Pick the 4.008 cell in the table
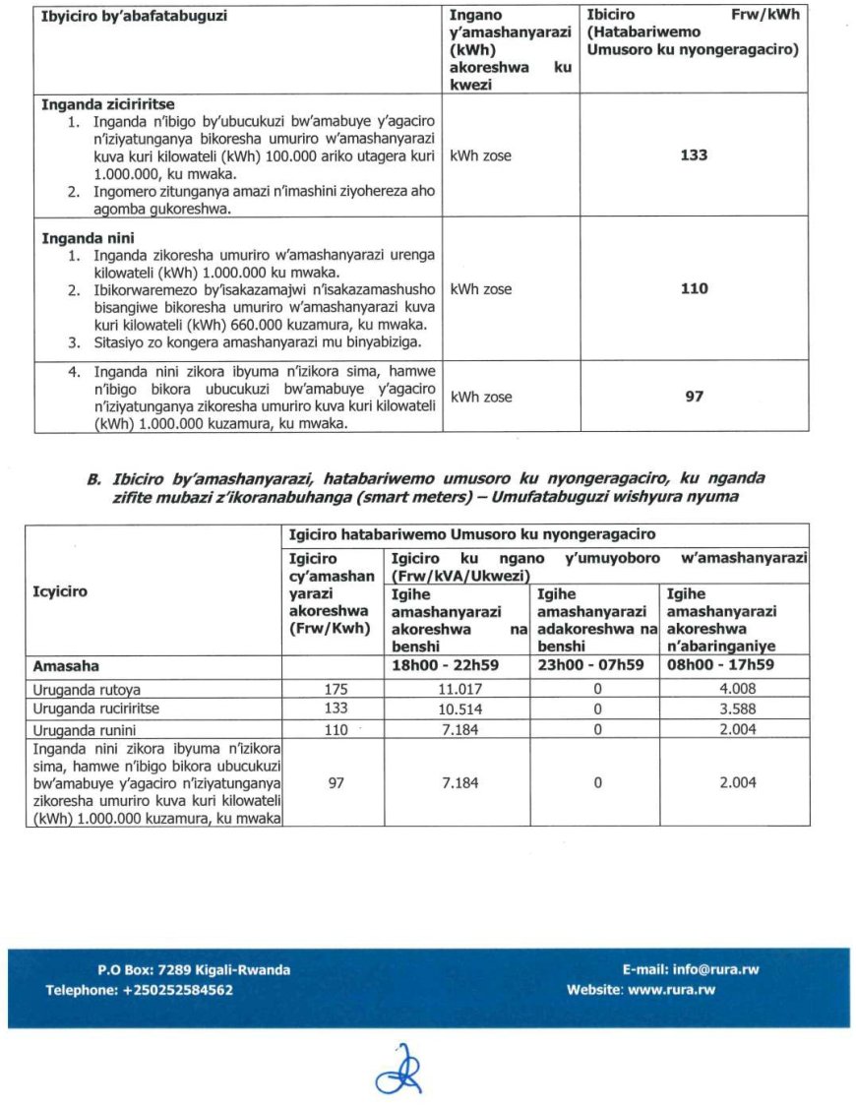tap(734, 691)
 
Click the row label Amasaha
tap(66, 666)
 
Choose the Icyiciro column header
tap(61, 592)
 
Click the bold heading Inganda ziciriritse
tap(108, 104)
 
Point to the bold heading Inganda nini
tap(88, 238)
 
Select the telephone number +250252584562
tap(178, 990)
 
